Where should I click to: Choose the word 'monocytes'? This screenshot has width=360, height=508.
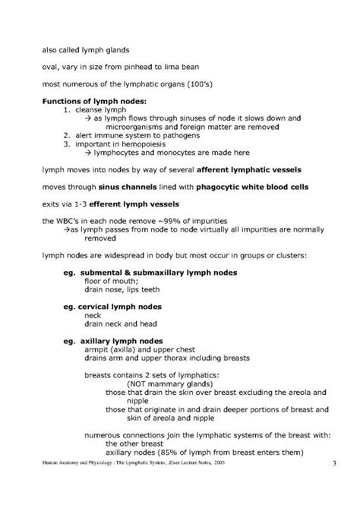[x=162, y=151]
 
